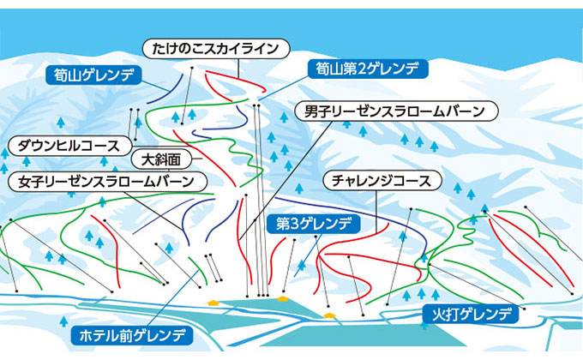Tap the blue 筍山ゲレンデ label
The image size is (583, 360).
click(x=92, y=75)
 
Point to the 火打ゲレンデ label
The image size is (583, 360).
click(x=471, y=315)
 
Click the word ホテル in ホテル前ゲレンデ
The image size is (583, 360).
click(x=96, y=333)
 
